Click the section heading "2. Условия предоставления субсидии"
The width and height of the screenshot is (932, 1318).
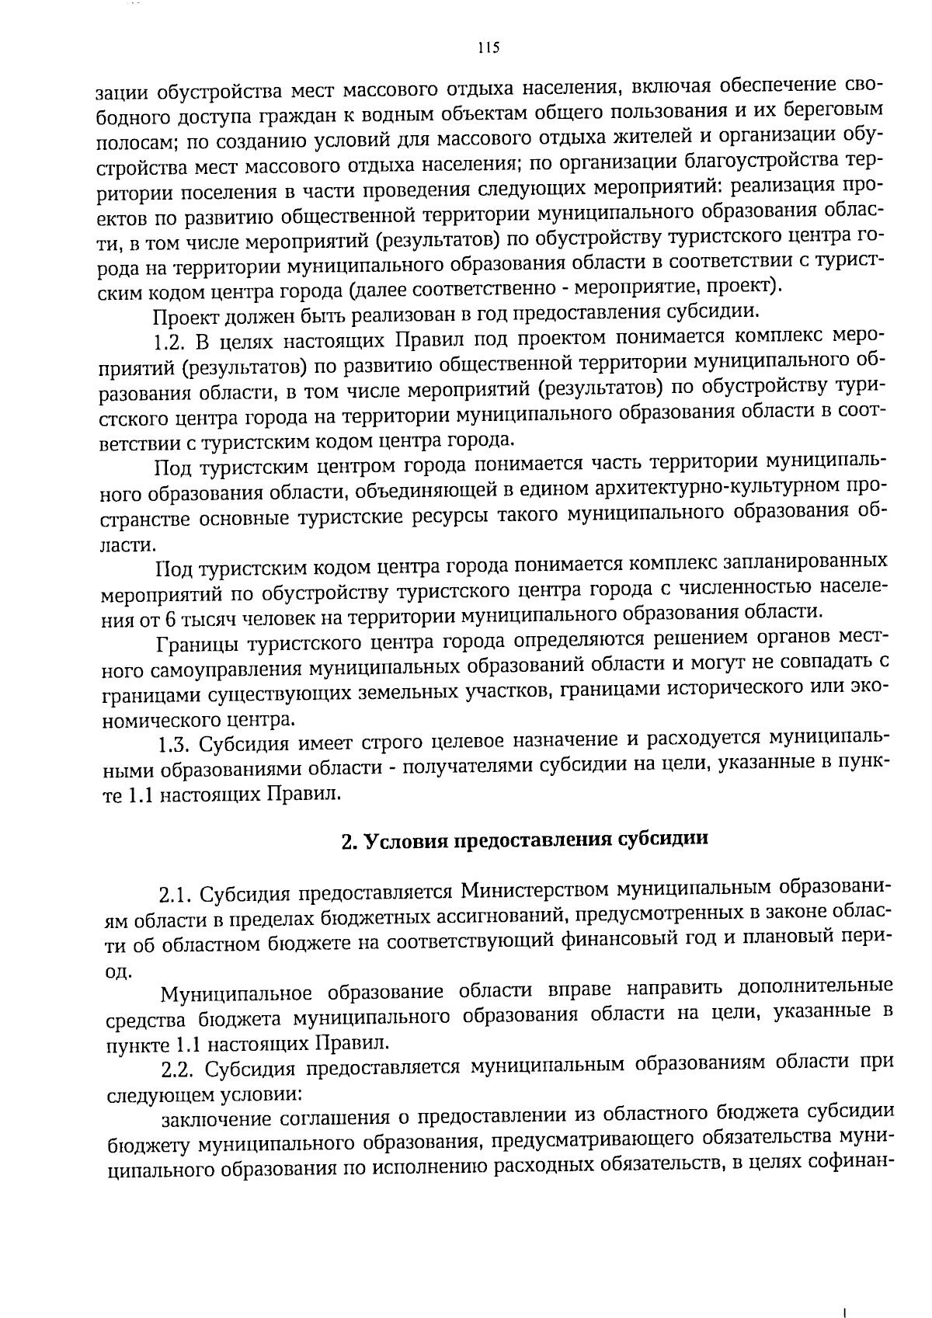pyautogui.click(x=526, y=840)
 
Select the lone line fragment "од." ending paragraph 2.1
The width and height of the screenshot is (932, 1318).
pyautogui.click(x=118, y=971)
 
